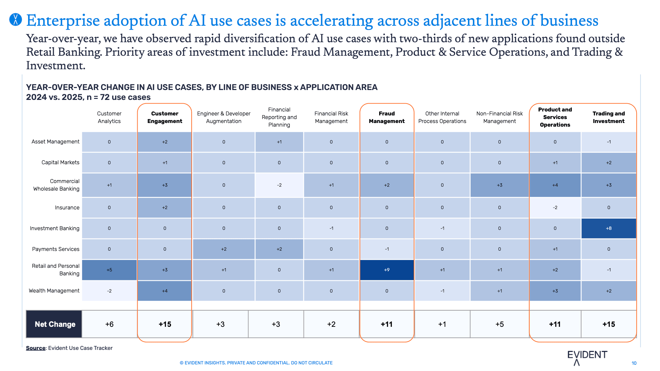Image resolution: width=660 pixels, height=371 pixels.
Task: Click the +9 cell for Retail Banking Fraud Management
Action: pyautogui.click(x=387, y=270)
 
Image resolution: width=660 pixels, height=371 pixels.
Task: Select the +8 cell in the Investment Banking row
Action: pyautogui.click(x=609, y=228)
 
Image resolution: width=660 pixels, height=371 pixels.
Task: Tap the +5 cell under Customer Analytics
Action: pyautogui.click(x=109, y=270)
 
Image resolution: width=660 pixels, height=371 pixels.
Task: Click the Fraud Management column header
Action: pyautogui.click(x=387, y=117)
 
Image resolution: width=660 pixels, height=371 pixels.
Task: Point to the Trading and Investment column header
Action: pyautogui.click(x=609, y=117)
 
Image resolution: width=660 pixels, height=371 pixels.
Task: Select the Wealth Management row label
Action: pyautogui.click(x=54, y=291)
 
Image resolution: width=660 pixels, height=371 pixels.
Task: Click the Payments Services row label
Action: pyautogui.click(x=56, y=249)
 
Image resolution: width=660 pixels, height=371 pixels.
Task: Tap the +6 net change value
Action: pyautogui.click(x=109, y=324)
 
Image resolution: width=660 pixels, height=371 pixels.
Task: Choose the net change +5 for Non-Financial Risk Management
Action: pyautogui.click(x=500, y=324)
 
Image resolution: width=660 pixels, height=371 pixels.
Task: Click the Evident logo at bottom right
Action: pyautogui.click(x=587, y=357)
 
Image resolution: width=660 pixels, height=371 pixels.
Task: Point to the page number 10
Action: pyautogui.click(x=634, y=363)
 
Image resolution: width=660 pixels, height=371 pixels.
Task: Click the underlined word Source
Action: pyautogui.click(x=36, y=348)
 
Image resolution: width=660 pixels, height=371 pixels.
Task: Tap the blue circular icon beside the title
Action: pyautogui.click(x=16, y=19)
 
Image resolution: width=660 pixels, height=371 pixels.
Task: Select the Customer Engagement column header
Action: pyautogui.click(x=165, y=117)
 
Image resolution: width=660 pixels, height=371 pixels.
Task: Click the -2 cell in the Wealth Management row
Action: pyautogui.click(x=109, y=291)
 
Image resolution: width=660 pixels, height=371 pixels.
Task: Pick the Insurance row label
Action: pyautogui.click(x=67, y=207)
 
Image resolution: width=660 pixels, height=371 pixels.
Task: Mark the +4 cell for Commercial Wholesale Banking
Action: pyautogui.click(x=555, y=185)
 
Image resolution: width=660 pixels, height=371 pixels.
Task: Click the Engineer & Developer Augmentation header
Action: pyautogui.click(x=224, y=117)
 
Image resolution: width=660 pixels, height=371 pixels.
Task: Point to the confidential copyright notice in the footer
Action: pyautogui.click(x=256, y=363)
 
